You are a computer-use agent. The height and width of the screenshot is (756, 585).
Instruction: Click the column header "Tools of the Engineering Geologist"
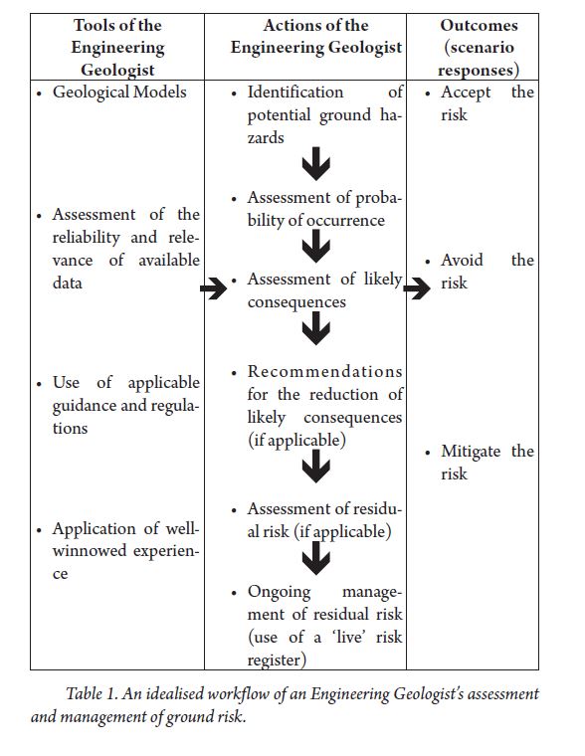[x=117, y=48]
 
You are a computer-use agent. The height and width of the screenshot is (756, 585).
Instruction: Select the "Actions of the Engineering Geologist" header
[x=316, y=36]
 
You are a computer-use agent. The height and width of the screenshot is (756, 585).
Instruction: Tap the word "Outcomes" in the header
[x=479, y=25]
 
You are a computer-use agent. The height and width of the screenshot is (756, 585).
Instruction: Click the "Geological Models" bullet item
[x=119, y=93]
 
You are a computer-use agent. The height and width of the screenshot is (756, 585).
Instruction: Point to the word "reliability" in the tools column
[x=86, y=237]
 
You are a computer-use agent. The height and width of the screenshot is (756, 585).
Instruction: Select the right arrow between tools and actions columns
[x=214, y=288]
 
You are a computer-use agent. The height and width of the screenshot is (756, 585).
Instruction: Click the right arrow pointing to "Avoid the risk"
[x=417, y=288]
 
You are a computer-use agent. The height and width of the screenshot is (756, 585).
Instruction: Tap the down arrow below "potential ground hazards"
[x=316, y=164]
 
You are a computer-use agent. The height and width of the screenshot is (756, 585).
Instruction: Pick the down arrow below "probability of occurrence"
[x=316, y=246]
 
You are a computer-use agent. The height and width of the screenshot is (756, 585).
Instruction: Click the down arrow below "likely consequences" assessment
[x=316, y=328]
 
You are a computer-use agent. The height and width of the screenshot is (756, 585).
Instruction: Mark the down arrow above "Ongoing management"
[x=316, y=558]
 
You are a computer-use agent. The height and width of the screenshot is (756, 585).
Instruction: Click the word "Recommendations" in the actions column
[x=325, y=372]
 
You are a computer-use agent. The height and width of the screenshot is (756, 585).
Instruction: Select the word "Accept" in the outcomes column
[x=466, y=93]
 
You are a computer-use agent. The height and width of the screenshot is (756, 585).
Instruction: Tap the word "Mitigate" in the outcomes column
[x=471, y=452]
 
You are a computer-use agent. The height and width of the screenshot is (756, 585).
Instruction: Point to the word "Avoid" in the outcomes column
[x=462, y=261]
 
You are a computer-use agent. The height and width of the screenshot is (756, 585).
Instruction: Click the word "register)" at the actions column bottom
[x=277, y=661]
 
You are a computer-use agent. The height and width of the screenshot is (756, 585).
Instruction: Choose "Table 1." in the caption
[x=92, y=694]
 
